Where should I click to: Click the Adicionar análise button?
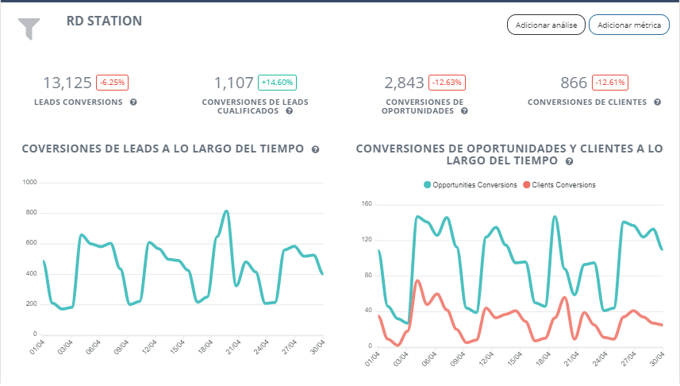click(x=546, y=25)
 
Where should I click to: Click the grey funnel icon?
click(x=29, y=29)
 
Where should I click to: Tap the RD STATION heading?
click(x=104, y=21)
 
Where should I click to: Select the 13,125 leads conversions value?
click(x=67, y=83)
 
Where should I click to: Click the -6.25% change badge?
click(x=112, y=83)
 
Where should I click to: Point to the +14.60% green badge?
click(x=277, y=83)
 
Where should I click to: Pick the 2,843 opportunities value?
click(x=404, y=83)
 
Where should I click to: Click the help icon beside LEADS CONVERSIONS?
click(x=133, y=102)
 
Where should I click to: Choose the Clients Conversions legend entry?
click(x=558, y=185)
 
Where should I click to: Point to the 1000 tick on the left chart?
click(x=31, y=183)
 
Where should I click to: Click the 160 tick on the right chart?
click(x=366, y=204)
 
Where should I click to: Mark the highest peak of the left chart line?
click(x=226, y=211)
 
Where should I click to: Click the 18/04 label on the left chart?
click(x=203, y=349)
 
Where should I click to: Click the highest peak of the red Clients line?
click(x=417, y=280)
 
